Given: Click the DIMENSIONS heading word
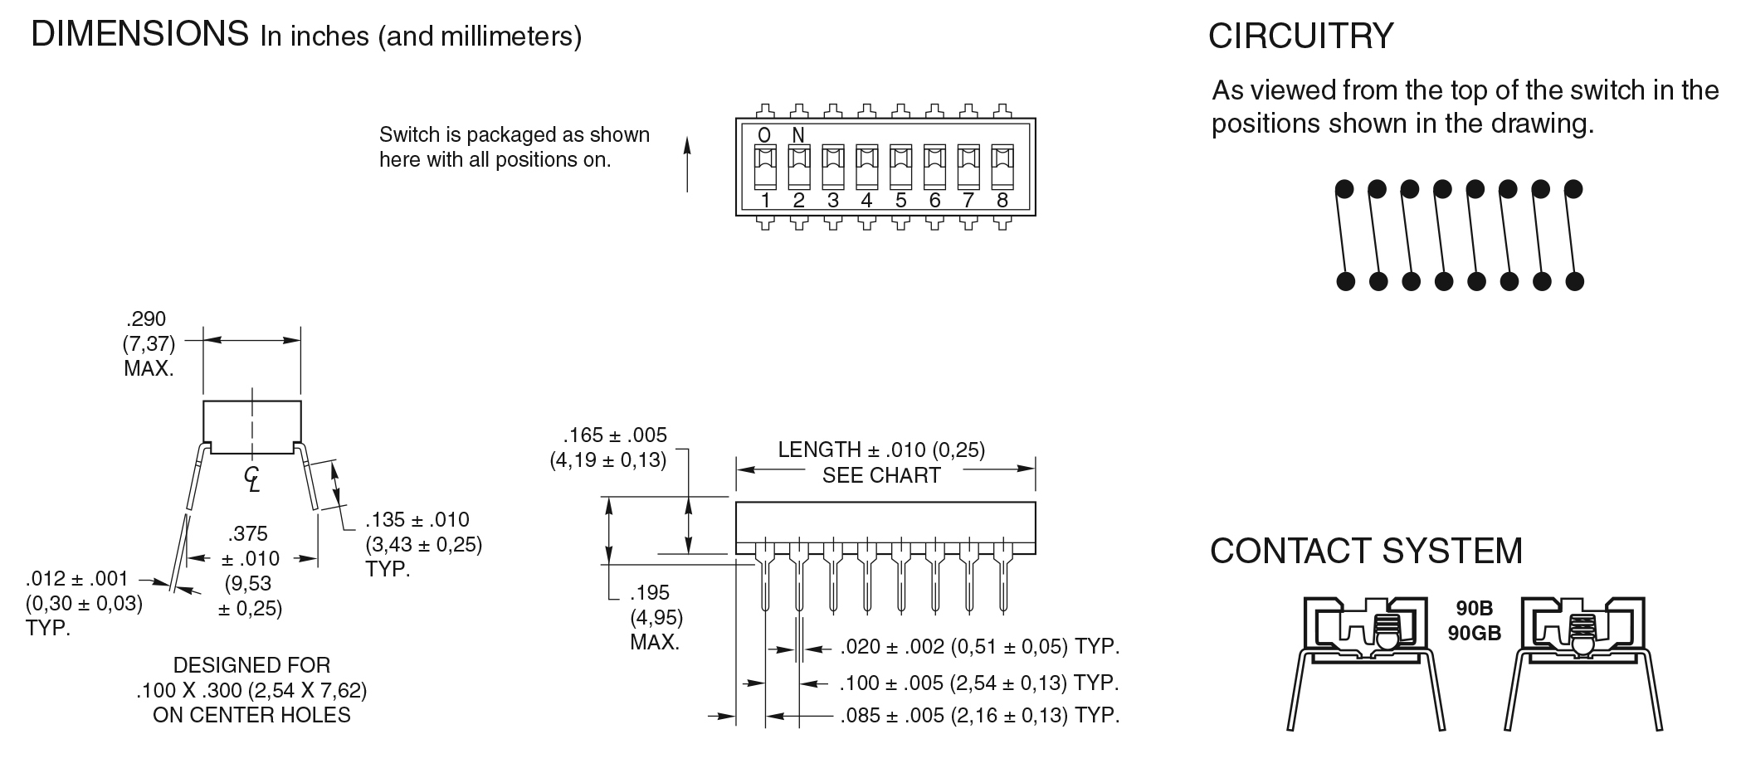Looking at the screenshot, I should pos(139,34).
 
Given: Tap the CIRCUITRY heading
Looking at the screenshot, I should pos(1300,36).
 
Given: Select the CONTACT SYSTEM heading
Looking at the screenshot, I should pos(1366,552).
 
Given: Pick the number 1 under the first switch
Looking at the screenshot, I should pos(765,200).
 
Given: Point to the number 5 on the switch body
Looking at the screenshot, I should pos(900,200).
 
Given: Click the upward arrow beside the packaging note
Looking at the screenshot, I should pos(687,164).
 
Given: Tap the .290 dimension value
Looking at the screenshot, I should pos(146,319).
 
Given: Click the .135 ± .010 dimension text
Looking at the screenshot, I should pos(417,520).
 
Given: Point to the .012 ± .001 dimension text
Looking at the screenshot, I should pos(77,578).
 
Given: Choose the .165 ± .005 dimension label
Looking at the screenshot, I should pos(615,435).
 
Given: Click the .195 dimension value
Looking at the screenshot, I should pos(649,593).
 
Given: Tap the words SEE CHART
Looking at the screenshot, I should pos(881,475).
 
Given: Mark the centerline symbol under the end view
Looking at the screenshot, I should pos(252,479).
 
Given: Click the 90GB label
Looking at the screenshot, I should pos(1475,633).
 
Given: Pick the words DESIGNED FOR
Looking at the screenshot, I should pos(251,665).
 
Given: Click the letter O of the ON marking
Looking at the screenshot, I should pos(764,135).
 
